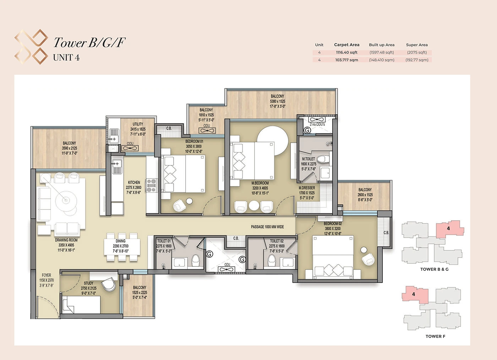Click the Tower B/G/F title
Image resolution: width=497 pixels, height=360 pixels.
[89, 42]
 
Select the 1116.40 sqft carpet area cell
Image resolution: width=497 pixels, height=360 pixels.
[346, 53]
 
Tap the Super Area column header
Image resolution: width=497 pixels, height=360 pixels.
[417, 45]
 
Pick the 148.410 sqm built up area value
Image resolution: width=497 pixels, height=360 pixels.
[382, 60]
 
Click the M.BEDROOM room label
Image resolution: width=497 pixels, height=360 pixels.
[260, 183]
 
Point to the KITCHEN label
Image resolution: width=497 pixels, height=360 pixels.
[134, 182]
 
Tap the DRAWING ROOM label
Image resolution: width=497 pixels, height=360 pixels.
[66, 240]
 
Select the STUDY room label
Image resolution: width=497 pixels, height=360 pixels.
[88, 283]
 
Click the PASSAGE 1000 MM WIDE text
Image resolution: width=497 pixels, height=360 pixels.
[267, 227]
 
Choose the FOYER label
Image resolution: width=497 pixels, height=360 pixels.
[47, 275]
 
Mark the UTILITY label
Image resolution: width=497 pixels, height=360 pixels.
[138, 124]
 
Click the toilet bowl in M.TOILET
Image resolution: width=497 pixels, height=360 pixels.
[323, 159]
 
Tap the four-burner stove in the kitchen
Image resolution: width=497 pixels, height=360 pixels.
[152, 186]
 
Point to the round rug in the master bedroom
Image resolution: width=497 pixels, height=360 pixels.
[273, 138]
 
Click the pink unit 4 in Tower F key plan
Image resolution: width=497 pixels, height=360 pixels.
[415, 294]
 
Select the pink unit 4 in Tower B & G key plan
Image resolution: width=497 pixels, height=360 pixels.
[449, 229]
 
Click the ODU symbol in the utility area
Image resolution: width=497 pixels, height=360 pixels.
[130, 148]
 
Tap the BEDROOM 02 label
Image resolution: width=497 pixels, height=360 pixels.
[333, 224]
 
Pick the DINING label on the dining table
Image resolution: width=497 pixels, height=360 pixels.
[120, 241]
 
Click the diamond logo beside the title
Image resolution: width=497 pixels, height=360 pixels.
[31, 47]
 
